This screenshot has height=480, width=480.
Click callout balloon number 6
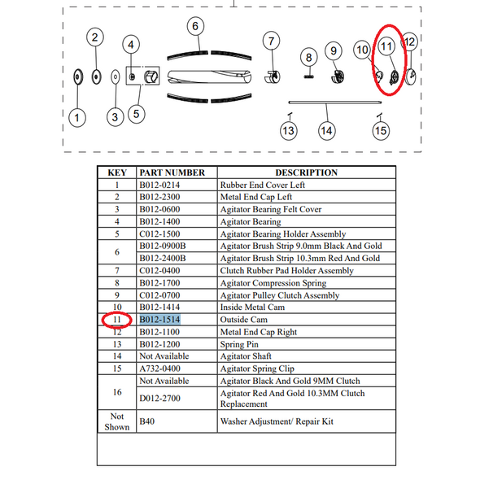click(195, 26)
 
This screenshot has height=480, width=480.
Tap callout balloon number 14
click(326, 131)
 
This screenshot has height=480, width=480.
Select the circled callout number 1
click(77, 118)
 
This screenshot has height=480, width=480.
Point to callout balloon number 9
click(334, 50)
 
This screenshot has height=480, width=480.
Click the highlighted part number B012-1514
click(159, 320)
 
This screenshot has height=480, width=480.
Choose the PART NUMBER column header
click(172, 172)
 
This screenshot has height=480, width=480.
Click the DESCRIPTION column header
click(307, 172)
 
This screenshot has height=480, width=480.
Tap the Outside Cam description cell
click(244, 320)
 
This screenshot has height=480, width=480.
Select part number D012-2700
click(159, 399)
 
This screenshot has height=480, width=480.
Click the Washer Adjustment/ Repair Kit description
click(277, 421)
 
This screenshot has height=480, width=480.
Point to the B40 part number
click(147, 421)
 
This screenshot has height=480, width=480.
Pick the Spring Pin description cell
click(239, 344)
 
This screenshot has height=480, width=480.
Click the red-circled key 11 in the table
click(117, 320)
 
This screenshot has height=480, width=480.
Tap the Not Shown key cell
click(117, 421)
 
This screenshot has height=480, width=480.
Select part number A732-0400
click(159, 369)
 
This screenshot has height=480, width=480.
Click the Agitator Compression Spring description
click(273, 283)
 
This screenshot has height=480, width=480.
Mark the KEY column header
click(117, 172)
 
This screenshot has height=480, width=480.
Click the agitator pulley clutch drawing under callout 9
click(338, 76)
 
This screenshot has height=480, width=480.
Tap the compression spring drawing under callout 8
click(309, 76)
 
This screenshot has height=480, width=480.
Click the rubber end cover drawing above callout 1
click(78, 76)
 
